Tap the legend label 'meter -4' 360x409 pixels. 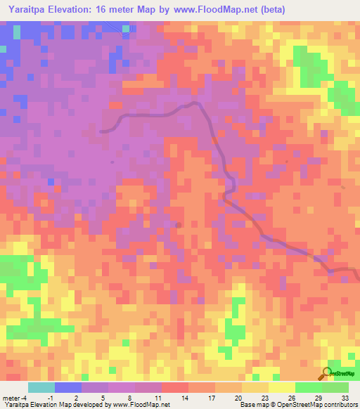click(x=15, y=397)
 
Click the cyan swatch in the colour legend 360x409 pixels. click(x=41, y=387)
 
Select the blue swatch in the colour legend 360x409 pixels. click(x=68, y=387)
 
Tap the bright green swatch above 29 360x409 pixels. click(x=309, y=387)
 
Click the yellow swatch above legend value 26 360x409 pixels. click(x=282, y=387)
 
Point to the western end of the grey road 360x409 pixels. click(x=102, y=131)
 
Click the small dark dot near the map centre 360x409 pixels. click(x=178, y=225)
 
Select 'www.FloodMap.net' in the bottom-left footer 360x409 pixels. click(x=141, y=405)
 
